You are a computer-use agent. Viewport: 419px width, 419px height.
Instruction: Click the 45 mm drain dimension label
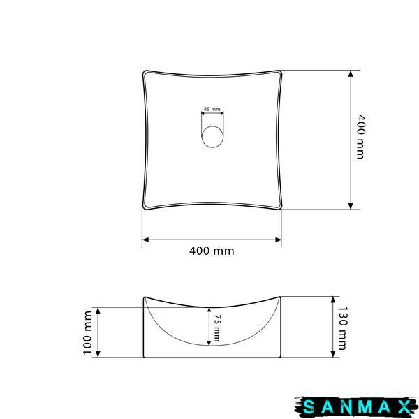coord(212,109)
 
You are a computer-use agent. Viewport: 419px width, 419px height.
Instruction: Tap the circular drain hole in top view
coord(212,137)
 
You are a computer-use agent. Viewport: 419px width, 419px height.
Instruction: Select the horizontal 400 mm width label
coord(212,251)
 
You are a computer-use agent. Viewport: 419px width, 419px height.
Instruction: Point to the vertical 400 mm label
coord(360,137)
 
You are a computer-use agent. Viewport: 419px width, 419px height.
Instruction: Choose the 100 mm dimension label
coord(87,332)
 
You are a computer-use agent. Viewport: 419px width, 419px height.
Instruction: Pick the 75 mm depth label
coord(217,328)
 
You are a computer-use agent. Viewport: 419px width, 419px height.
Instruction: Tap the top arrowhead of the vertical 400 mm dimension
coord(351,73)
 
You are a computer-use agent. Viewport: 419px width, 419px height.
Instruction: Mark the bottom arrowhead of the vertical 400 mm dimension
coord(351,206)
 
